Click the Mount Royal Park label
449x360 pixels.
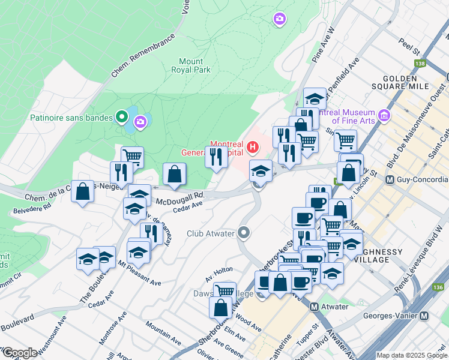click(x=194, y=65)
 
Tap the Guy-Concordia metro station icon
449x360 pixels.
click(x=390, y=179)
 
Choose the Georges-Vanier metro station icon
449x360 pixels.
click(x=425, y=316)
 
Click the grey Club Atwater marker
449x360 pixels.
click(x=244, y=232)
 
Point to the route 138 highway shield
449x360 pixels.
click(x=419, y=63)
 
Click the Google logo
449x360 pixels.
click(x=19, y=353)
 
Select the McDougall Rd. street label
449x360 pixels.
click(x=181, y=196)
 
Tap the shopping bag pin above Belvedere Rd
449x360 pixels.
click(x=83, y=192)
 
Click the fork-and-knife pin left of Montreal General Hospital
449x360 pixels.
click(x=215, y=157)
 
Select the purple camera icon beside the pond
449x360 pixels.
click(x=140, y=123)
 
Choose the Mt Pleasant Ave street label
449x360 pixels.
click(x=139, y=272)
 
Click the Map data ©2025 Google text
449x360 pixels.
click(x=412, y=355)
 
